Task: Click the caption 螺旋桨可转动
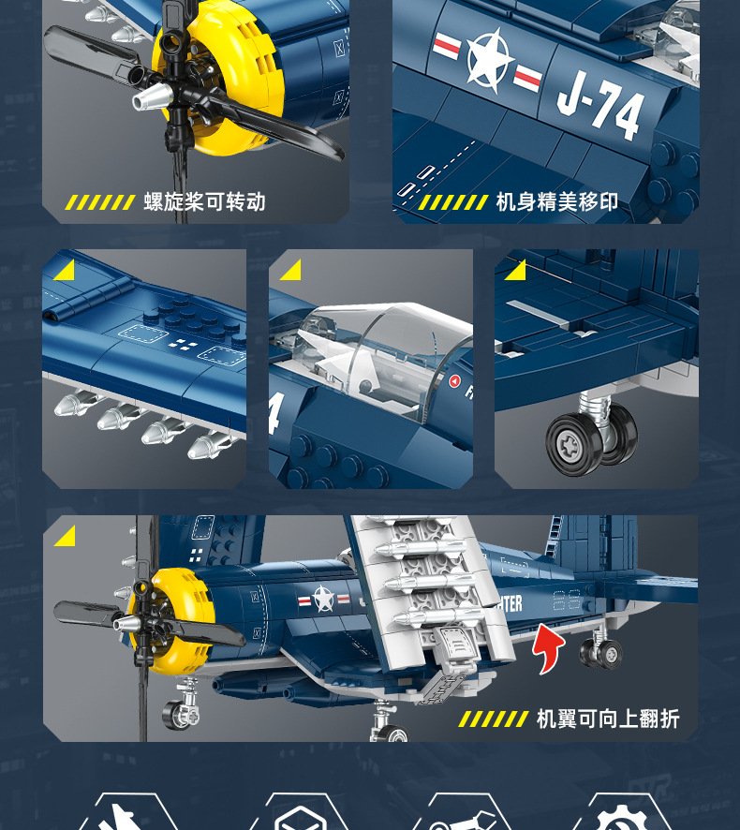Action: pyautogui.click(x=204, y=201)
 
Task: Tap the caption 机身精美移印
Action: pyautogui.click(x=556, y=201)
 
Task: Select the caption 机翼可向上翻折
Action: pyautogui.click(x=608, y=719)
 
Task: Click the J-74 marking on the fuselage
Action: pyautogui.click(x=600, y=107)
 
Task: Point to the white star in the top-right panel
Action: pyautogui.click(x=489, y=58)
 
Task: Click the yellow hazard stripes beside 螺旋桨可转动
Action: pyautogui.click(x=99, y=202)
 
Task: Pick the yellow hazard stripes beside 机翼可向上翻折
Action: pyautogui.click(x=494, y=719)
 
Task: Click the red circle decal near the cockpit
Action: pyautogui.click(x=454, y=380)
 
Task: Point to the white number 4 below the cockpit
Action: pyautogui.click(x=274, y=413)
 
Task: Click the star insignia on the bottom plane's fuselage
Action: pyautogui.click(x=323, y=599)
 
